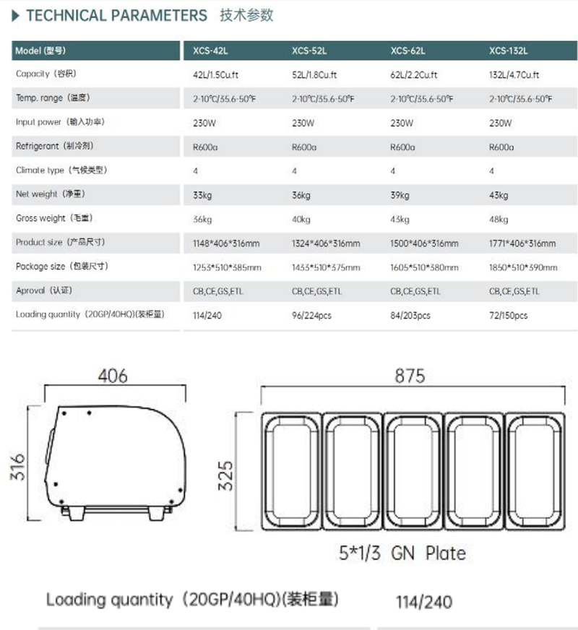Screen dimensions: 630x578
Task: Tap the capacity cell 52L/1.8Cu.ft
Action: click(x=314, y=74)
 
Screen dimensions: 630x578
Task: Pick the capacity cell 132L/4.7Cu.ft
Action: click(x=514, y=74)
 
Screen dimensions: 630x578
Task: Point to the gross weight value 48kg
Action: click(x=499, y=219)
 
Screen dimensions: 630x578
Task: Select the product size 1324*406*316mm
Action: click(x=325, y=243)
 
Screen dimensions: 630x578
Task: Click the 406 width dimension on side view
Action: click(x=113, y=376)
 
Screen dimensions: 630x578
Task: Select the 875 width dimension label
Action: click(x=410, y=376)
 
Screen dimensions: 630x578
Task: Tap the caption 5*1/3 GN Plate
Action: click(x=402, y=553)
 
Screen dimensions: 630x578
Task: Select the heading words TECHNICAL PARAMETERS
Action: click(x=116, y=15)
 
